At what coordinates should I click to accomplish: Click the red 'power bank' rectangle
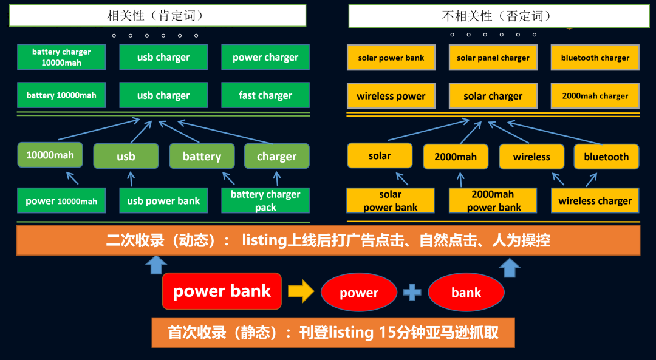222,291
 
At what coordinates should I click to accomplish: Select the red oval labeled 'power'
359,293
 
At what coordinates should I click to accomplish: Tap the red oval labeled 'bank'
466,293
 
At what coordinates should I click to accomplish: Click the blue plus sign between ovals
412,292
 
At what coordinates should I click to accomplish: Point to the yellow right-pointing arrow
301,292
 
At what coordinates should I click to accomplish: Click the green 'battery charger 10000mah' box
61,57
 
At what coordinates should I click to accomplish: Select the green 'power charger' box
265,57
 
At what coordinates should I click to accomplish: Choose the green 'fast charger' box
265,95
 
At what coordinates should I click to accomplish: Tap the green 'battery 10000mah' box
61,95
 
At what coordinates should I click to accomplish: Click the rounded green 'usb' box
126,156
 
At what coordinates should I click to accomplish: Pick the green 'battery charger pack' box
265,200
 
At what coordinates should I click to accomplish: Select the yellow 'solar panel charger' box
493,58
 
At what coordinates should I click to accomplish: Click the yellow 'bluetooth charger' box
595,58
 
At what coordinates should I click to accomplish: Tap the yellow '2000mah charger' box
595,96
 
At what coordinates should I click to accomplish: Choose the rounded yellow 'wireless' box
531,157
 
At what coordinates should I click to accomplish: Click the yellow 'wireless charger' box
595,201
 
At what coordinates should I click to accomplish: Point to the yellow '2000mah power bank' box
493,201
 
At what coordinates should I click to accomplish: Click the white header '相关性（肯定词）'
157,16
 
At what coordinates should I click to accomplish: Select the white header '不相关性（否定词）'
499,16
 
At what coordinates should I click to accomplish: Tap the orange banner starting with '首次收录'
333,332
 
